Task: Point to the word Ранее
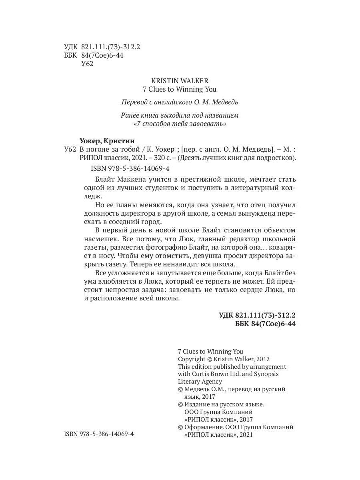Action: (x=130, y=115)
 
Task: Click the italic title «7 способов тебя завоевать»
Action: (x=179, y=124)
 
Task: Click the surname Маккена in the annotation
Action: (x=124, y=178)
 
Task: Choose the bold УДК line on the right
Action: (x=257, y=315)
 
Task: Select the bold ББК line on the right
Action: (x=265, y=324)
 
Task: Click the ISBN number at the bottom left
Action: (x=99, y=434)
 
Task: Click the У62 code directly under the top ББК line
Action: (x=87, y=64)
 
